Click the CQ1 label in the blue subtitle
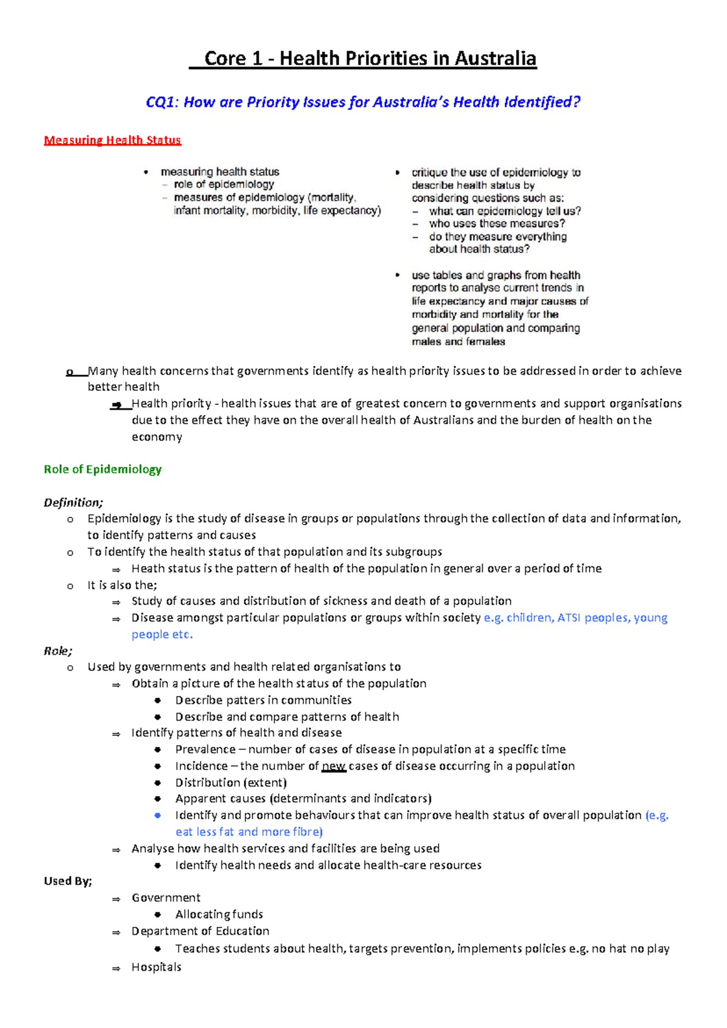(x=161, y=102)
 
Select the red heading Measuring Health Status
(x=112, y=141)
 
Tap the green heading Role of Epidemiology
(x=102, y=469)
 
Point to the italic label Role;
(x=58, y=651)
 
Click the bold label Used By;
(x=68, y=881)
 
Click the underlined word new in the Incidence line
(x=334, y=766)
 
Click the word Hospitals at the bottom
(x=156, y=967)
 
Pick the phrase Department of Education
(x=200, y=931)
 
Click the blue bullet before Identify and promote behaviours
(x=158, y=815)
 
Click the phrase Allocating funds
(x=219, y=914)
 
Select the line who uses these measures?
(x=497, y=224)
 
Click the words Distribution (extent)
(x=231, y=783)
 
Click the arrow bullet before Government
(x=116, y=899)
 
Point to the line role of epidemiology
(x=224, y=184)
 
